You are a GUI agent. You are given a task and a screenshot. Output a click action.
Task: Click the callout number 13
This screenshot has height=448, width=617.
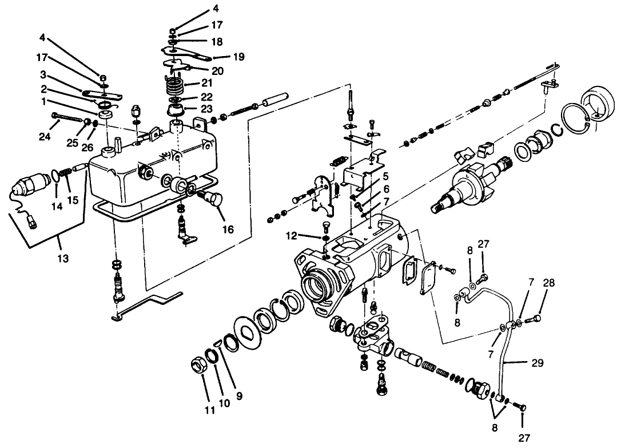63,259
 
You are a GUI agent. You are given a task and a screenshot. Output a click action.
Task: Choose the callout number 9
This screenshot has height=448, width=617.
239,394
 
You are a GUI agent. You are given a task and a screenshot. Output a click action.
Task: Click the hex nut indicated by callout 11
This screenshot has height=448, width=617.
200,366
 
